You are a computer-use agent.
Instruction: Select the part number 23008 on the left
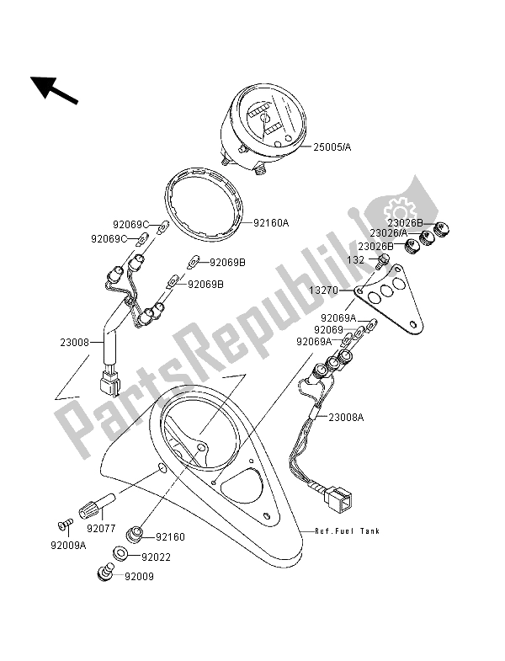[x=74, y=343]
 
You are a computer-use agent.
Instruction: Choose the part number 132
[x=355, y=260]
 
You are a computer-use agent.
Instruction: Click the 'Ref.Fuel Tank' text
[x=348, y=531]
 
